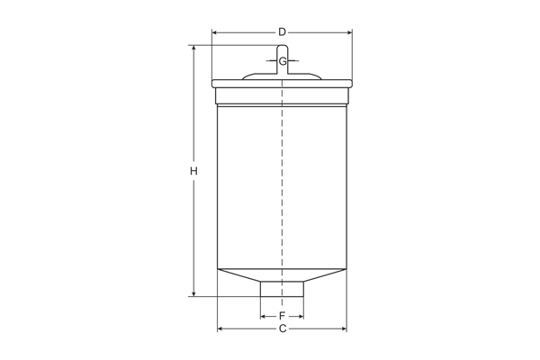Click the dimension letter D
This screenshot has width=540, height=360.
point(282,32)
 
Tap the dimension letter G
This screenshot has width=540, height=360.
point(283,61)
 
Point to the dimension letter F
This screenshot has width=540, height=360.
point(282,317)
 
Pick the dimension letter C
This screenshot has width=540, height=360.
point(282,329)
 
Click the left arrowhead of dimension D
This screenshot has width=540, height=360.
point(215,32)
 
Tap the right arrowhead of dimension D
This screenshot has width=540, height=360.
point(348,32)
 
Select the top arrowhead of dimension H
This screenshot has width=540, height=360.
point(193,49)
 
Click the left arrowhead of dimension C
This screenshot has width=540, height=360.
point(221,329)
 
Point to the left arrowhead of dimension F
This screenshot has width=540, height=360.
point(264,317)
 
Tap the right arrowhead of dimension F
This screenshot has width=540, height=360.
point(300,317)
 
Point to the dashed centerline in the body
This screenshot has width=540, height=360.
point(283,180)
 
